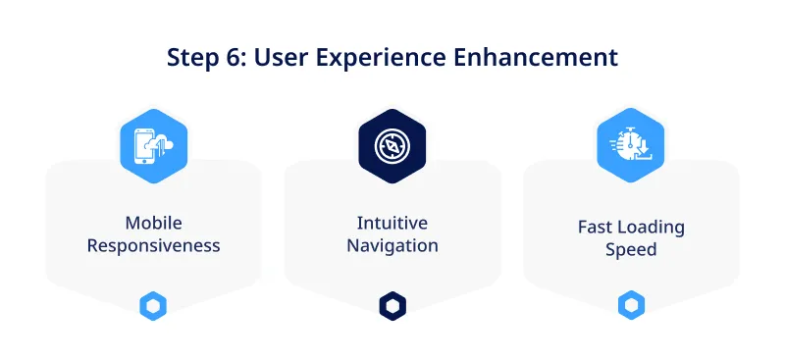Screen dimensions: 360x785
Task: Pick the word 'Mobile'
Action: pos(153,223)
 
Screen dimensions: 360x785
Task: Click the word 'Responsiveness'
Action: pos(153,245)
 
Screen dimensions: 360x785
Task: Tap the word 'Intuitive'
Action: pos(392,223)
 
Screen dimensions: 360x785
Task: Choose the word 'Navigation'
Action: pos(392,245)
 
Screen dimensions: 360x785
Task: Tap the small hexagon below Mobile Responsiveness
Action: pos(153,306)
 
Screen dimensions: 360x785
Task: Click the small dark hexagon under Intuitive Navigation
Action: pos(392,306)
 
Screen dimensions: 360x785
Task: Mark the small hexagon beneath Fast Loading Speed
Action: pos(631,306)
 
